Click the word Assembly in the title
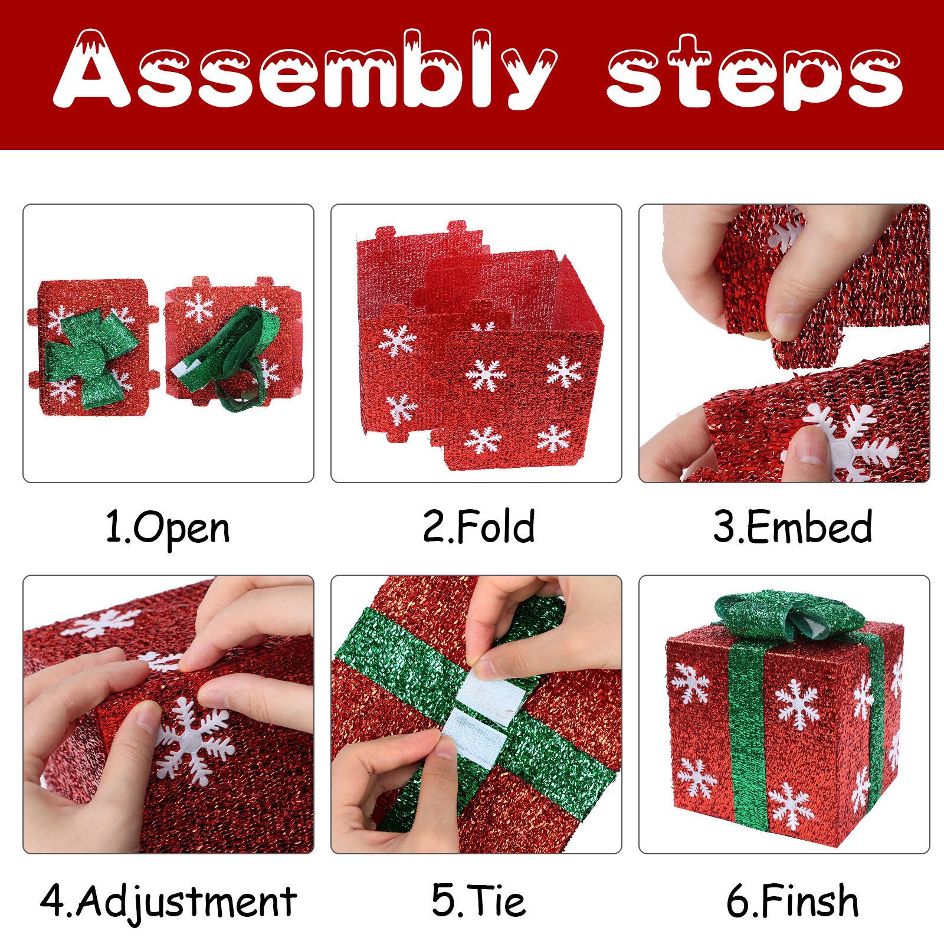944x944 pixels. pyautogui.click(x=305, y=70)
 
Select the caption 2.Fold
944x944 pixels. pyautogui.click(x=478, y=526)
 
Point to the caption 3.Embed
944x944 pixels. pyautogui.click(x=792, y=526)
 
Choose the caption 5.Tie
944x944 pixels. pyautogui.click(x=478, y=900)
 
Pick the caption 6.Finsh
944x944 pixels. pyautogui.click(x=792, y=900)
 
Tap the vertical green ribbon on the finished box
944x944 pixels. pyautogui.click(x=748, y=732)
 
